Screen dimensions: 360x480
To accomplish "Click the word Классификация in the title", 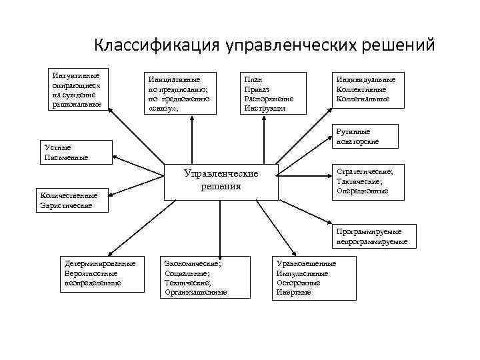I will click(156, 45).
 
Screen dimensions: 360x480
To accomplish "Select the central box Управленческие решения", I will click(221, 180).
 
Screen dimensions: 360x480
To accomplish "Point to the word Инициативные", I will click(174, 79).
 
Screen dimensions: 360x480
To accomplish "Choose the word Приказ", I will click(257, 89).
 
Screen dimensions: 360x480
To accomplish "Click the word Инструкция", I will click(265, 108).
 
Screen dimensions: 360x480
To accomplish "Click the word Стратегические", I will click(365, 172).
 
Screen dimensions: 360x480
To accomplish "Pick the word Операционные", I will click(363, 191).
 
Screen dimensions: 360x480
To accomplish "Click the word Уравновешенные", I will click(307, 264).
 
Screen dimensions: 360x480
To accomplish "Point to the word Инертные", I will click(293, 292).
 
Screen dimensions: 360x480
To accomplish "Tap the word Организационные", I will click(196, 292).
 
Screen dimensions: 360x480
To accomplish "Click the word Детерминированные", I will click(100, 264).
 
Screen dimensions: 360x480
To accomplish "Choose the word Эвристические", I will click(66, 205).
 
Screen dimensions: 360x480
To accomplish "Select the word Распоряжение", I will click(269, 98).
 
